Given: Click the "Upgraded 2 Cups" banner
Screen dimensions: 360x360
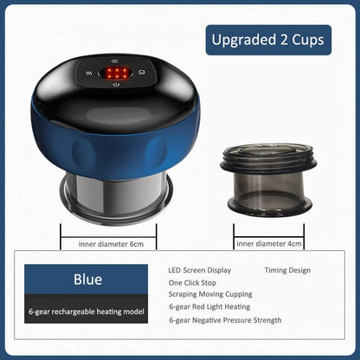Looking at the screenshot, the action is click(x=268, y=40).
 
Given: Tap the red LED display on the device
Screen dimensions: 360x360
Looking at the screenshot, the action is click(x=116, y=73).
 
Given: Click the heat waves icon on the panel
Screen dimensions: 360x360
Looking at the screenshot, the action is click(x=89, y=74).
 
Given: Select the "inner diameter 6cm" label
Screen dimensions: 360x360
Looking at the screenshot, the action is click(x=111, y=244).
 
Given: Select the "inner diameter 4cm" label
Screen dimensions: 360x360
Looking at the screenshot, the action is click(x=269, y=244).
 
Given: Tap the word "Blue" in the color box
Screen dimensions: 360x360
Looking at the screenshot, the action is click(x=87, y=280).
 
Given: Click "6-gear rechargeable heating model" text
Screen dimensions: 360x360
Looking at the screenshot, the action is click(x=87, y=312).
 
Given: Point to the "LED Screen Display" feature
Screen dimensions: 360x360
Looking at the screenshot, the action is click(x=200, y=270).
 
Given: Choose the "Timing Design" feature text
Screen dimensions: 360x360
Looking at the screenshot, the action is click(x=287, y=270).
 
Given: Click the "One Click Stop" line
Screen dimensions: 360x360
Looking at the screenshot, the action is click(x=192, y=283).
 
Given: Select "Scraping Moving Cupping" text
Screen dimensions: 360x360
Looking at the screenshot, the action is click(x=210, y=294).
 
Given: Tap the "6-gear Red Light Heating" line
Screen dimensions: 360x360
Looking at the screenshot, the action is click(x=209, y=306).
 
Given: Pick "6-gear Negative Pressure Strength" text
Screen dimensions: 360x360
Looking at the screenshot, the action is click(x=225, y=320).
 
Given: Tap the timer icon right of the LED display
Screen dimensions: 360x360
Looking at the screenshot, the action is click(x=141, y=73).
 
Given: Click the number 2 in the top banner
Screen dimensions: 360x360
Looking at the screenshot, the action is click(x=284, y=40).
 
